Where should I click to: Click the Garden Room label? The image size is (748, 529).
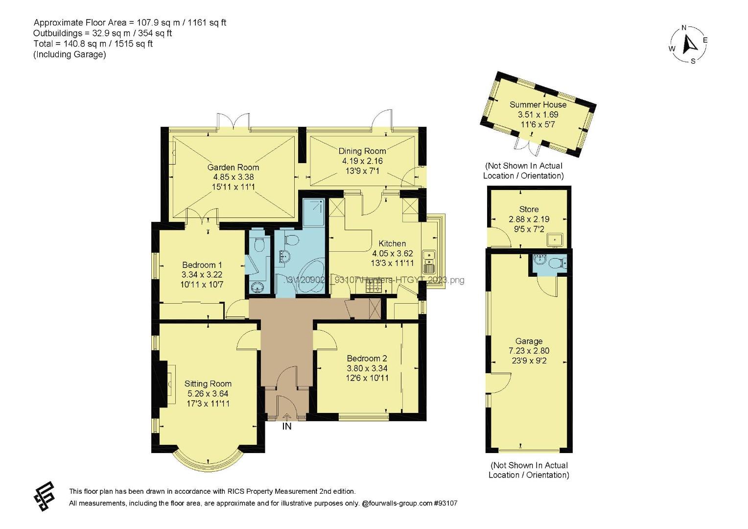coord(233,167)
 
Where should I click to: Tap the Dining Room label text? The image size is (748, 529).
coord(362,151)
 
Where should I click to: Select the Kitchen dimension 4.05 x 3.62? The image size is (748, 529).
coord(392,253)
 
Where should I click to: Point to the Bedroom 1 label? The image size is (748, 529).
coord(202,265)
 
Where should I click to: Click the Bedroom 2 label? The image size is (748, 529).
coord(367,358)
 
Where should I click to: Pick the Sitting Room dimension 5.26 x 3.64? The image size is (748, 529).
coord(208,393)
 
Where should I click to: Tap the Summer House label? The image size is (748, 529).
coord(538,104)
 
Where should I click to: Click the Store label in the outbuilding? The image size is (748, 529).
coord(529,209)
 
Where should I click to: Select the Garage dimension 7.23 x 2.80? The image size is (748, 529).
coord(529,351)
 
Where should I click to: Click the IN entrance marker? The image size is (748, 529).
coord(287,427)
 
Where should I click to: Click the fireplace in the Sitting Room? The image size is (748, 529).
coord(170,383)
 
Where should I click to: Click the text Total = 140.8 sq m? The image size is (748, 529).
coord(93,44)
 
